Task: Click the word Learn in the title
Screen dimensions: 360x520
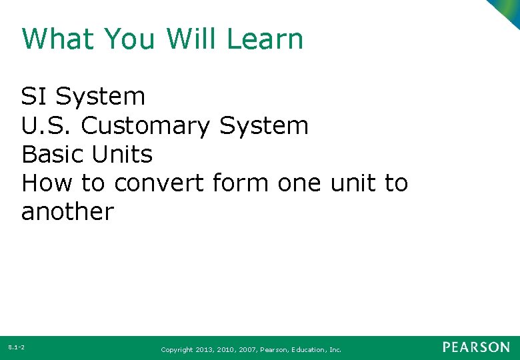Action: click(x=265, y=39)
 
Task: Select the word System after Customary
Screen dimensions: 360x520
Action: click(x=264, y=126)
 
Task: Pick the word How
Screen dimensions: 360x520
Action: click(x=47, y=183)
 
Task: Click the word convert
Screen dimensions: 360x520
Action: click(x=161, y=183)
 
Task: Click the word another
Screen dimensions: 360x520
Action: click(x=67, y=212)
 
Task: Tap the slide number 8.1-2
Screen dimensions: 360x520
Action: click(x=17, y=347)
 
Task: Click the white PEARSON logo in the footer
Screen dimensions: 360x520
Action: click(x=476, y=347)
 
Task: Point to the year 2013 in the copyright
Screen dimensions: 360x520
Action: click(x=204, y=349)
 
